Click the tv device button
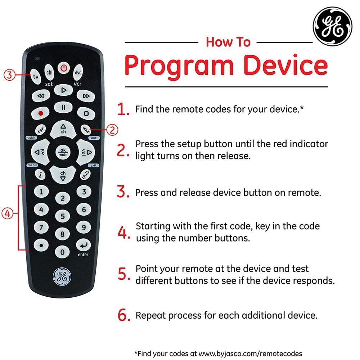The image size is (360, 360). tap(36, 76)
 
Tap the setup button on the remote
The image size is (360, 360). tap(86, 130)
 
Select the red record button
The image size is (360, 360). tap(40, 113)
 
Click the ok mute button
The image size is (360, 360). tap(63, 152)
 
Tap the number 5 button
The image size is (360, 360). tap(62, 216)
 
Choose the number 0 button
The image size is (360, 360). tap(62, 252)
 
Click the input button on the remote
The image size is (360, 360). tap(40, 130)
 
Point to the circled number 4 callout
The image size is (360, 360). tap(7, 213)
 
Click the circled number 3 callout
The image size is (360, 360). tap(9, 75)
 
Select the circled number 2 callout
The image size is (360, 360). tap(112, 130)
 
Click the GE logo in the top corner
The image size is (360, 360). tap(332, 26)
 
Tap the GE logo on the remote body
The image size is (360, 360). tap(62, 276)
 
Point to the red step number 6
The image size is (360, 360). tap(124, 315)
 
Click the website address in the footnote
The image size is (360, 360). tap(250, 354)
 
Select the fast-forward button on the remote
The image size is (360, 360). tap(86, 96)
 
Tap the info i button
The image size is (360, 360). tap(40, 175)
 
